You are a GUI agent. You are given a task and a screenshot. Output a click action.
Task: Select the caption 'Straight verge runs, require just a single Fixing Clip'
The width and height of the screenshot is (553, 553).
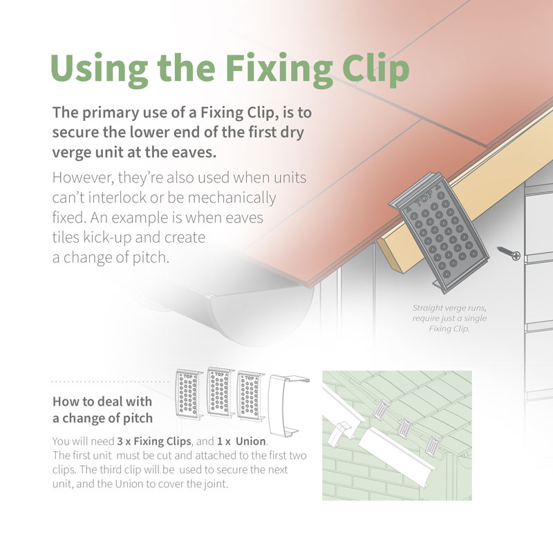450,318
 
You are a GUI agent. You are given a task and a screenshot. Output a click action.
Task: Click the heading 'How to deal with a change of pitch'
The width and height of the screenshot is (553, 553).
102,410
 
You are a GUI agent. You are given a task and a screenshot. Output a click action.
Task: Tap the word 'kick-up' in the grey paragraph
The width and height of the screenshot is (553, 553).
103,237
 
